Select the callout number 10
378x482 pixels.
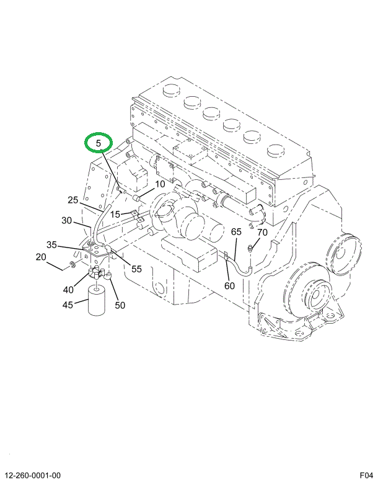[x=160, y=184]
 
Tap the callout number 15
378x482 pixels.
[x=116, y=215]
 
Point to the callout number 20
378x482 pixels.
[x=41, y=257]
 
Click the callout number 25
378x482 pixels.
[x=73, y=200]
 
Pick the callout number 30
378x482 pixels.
[x=67, y=220]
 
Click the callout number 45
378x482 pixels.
[x=67, y=305]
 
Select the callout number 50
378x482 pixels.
[x=120, y=305]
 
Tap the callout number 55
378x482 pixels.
[x=136, y=269]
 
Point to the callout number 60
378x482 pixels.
[x=229, y=286]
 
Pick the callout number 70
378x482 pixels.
[x=262, y=233]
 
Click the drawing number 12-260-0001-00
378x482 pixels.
[x=34, y=475]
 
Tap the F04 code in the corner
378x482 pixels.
[x=366, y=475]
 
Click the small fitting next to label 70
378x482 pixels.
[x=250, y=248]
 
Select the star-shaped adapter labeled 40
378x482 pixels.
[x=95, y=273]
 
